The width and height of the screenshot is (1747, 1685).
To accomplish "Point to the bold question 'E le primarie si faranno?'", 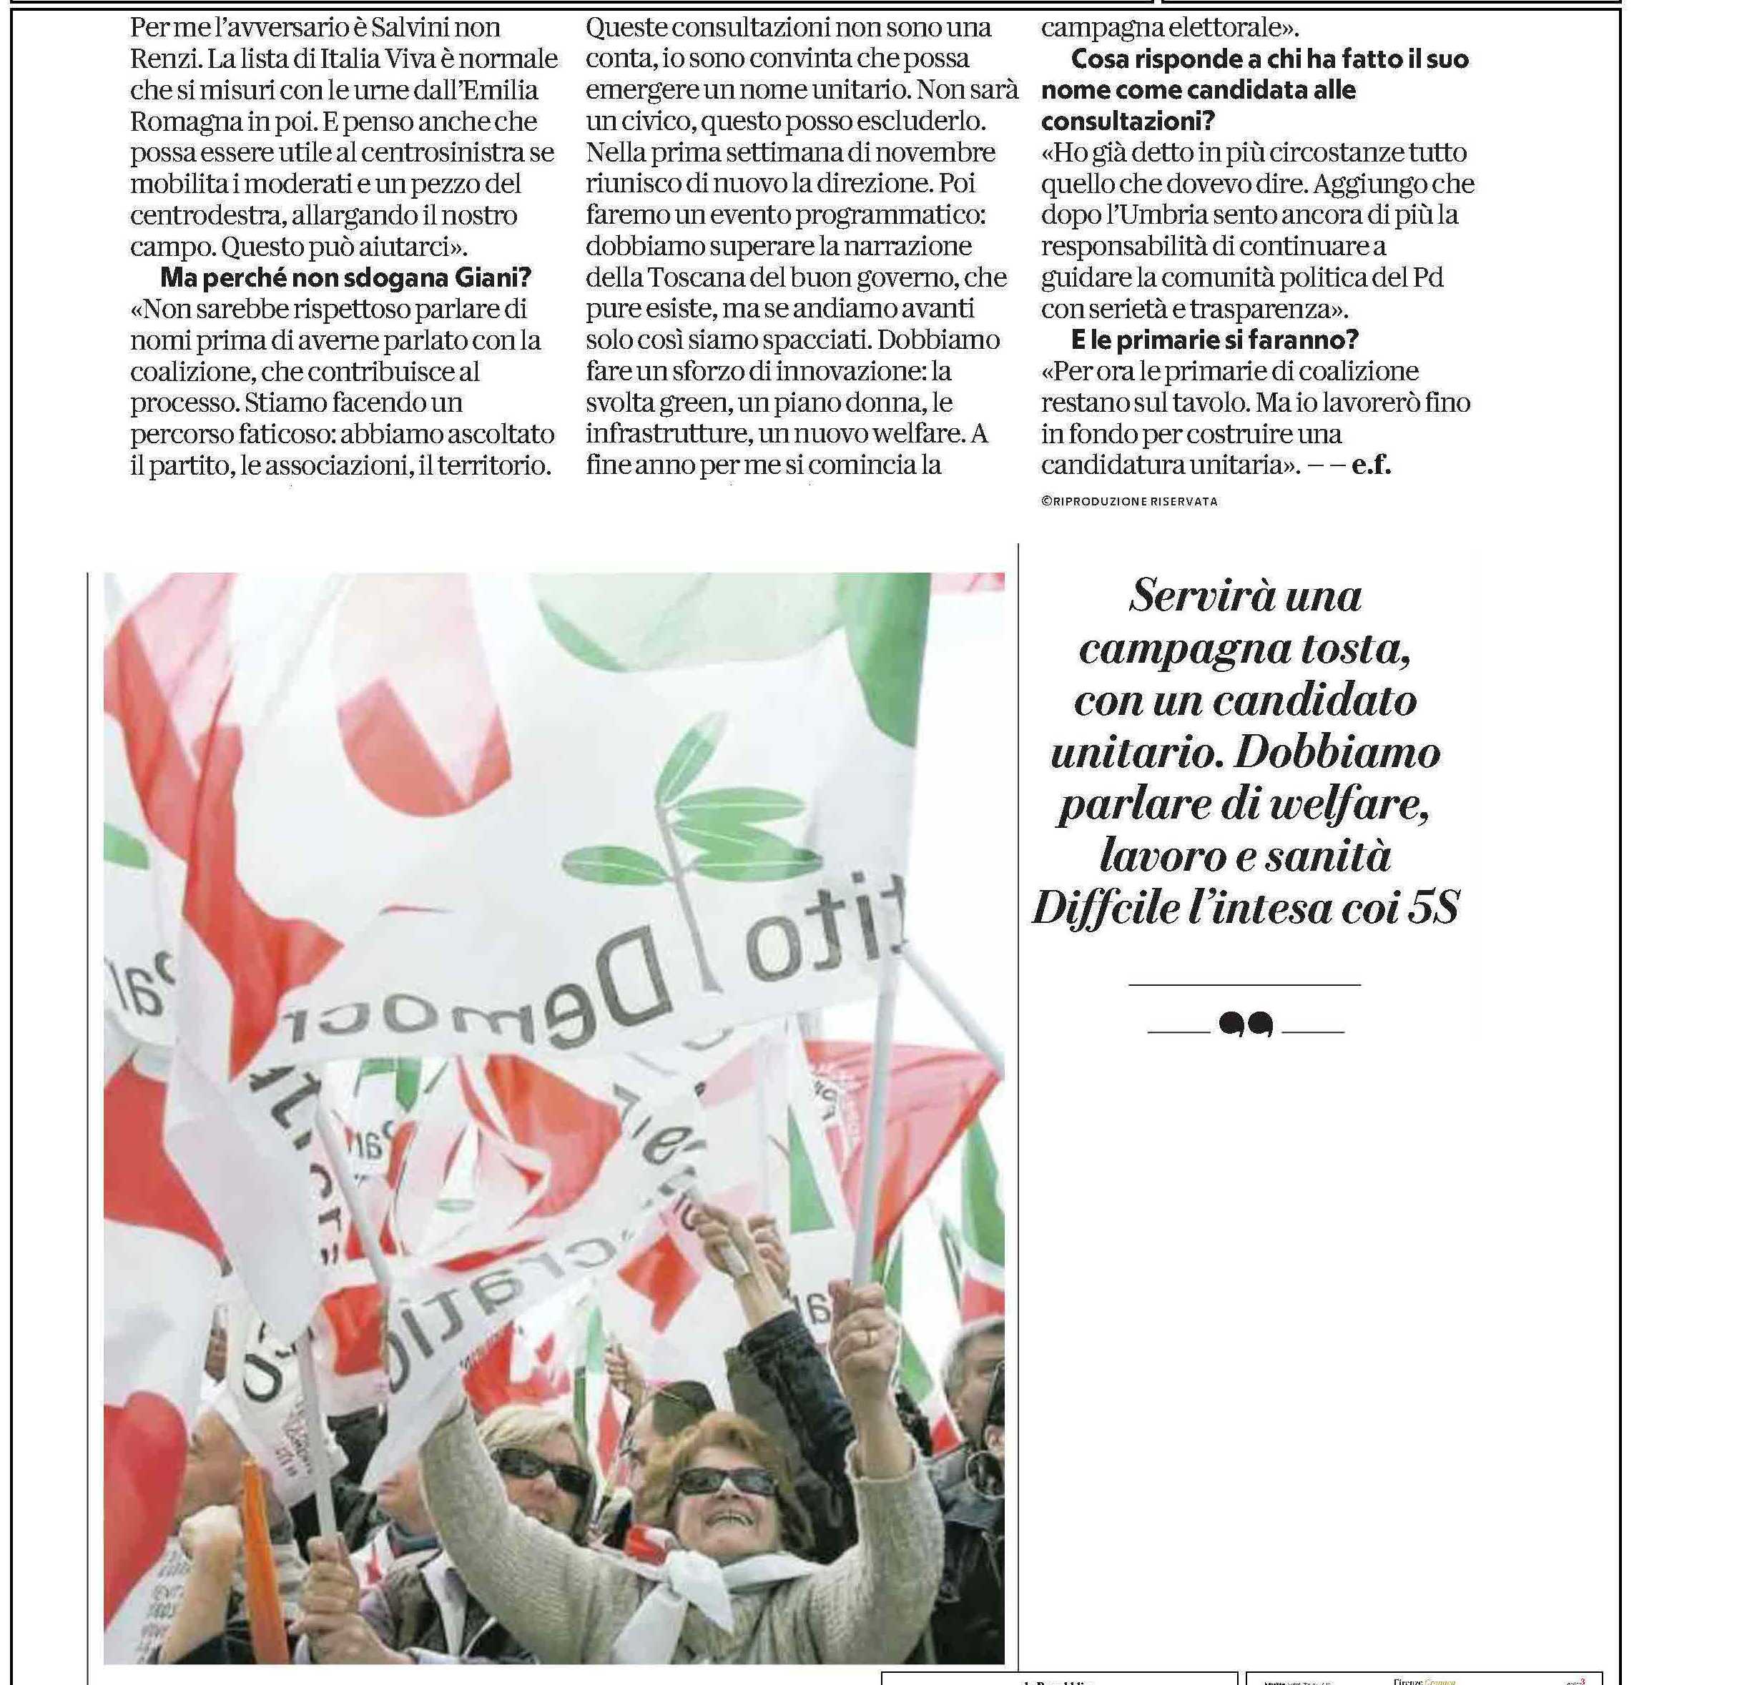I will tap(1214, 340).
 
